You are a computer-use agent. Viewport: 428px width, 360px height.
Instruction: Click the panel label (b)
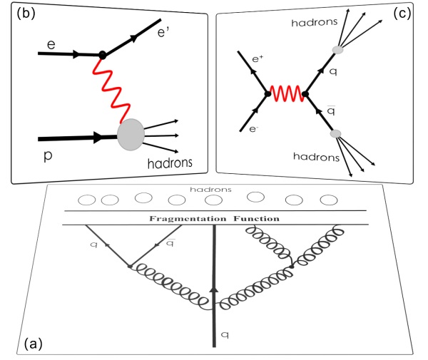coord(19,12)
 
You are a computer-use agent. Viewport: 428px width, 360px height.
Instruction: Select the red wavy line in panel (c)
coord(285,93)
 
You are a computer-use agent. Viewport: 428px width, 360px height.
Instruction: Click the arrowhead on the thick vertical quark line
coord(215,287)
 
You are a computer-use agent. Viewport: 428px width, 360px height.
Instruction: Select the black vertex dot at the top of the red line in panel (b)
coord(103,54)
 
